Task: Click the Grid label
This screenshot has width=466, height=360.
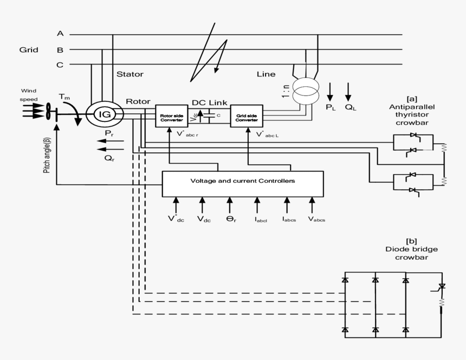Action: coord(29,50)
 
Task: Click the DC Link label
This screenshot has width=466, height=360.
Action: coord(210,102)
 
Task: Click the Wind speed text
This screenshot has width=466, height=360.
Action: coord(29,95)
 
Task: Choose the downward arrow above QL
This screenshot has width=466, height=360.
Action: coord(348,91)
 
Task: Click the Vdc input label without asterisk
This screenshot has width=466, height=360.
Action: coord(204,220)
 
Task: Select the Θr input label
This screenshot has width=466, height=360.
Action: coord(230,220)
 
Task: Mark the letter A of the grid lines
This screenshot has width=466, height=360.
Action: coord(60,34)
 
